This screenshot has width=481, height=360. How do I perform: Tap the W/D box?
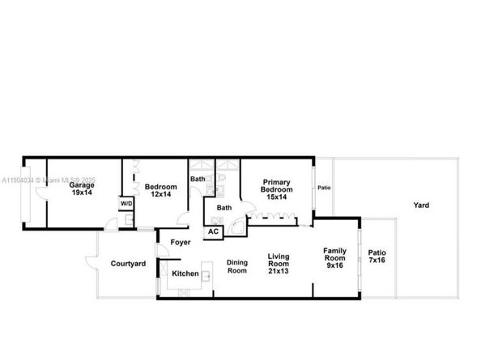click(127, 203)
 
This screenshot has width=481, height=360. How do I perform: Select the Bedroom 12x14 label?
click(160, 192)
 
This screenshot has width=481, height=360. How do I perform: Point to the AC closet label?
click(213, 231)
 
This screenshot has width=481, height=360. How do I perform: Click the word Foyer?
click(180, 242)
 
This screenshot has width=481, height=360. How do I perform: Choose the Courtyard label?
click(127, 264)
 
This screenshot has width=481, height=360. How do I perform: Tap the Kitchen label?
click(185, 273)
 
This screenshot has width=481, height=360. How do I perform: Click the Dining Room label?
click(236, 266)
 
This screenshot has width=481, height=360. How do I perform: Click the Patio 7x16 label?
click(377, 256)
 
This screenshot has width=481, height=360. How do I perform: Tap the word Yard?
click(421, 205)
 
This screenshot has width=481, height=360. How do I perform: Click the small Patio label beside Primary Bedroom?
click(324, 188)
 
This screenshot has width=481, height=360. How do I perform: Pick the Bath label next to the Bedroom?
click(198, 179)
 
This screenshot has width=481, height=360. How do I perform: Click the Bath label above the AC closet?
click(223, 208)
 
